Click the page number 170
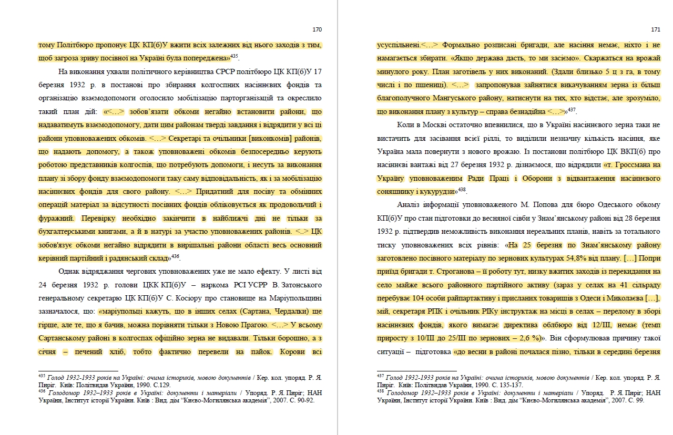click(x=317, y=29)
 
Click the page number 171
click(x=655, y=29)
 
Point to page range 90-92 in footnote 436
click(x=303, y=399)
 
